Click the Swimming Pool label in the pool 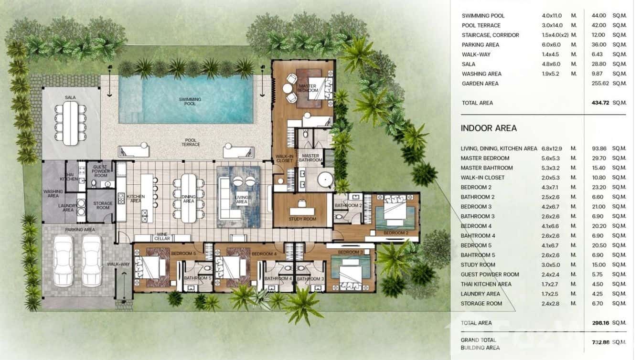click(x=190, y=101)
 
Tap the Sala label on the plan click(x=70, y=97)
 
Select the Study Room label click(x=302, y=219)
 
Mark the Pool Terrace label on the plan click(x=191, y=142)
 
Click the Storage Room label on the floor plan click(x=103, y=206)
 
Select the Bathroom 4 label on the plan click(x=278, y=278)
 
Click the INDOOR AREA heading click(x=488, y=128)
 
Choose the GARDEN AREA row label click(x=480, y=84)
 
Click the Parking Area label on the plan click(x=80, y=230)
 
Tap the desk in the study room click(x=302, y=210)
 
